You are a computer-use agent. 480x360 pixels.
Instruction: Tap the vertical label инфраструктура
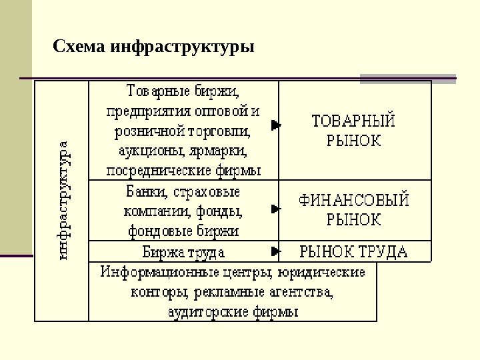63,199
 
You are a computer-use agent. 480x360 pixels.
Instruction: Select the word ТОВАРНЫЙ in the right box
354,121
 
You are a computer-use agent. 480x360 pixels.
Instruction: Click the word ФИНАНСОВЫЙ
353,200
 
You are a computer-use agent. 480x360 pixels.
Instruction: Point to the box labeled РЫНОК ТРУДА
353,251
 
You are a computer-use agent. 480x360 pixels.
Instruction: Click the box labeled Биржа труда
184,253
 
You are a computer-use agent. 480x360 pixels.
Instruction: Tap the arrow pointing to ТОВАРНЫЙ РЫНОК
275,125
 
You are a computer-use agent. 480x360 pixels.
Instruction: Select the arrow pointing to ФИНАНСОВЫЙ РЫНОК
275,209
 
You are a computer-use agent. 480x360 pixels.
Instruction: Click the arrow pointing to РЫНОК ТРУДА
275,251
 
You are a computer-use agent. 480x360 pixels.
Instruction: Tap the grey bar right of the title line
408,79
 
